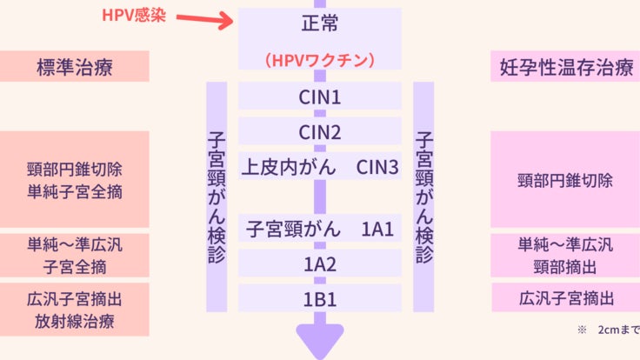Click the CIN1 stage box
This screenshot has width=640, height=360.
(x=320, y=96)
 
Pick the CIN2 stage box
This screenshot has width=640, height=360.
(x=320, y=132)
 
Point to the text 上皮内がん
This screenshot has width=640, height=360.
(x=288, y=166)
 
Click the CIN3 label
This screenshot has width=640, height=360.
(x=377, y=166)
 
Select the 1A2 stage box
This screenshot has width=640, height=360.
(x=320, y=264)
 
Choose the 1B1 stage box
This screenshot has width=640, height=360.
(x=320, y=299)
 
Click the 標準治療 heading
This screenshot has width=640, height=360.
(x=75, y=67)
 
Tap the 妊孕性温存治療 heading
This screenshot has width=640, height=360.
(x=565, y=67)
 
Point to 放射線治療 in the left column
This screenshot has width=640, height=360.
(x=75, y=321)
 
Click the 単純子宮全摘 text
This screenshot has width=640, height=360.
(x=75, y=191)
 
